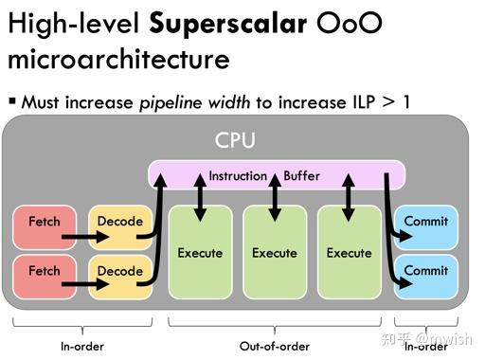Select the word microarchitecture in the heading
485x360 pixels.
click(118, 59)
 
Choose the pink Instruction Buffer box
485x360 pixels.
click(277, 175)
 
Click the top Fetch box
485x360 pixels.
click(44, 223)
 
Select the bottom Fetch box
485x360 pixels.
click(44, 272)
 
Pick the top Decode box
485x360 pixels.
click(119, 223)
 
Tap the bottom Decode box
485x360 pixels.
click(119, 272)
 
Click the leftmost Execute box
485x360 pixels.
click(200, 253)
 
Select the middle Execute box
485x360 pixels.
click(275, 253)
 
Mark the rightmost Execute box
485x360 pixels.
click(350, 253)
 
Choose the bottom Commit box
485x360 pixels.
click(425, 272)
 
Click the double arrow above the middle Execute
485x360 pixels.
click(275, 197)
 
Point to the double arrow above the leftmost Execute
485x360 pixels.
click(200, 197)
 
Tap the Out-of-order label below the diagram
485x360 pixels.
click(275, 347)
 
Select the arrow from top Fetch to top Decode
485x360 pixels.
click(81, 223)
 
